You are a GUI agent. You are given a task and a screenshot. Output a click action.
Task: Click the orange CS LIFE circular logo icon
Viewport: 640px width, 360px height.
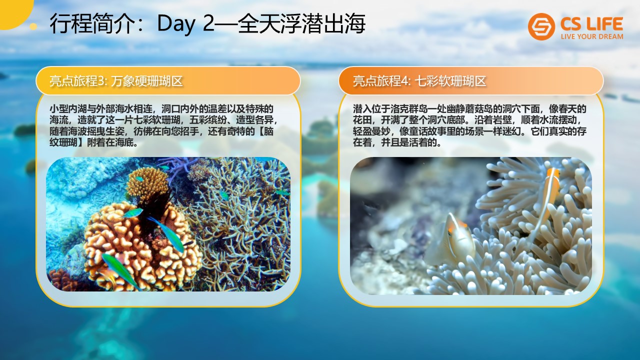pyautogui.click(x=541, y=26)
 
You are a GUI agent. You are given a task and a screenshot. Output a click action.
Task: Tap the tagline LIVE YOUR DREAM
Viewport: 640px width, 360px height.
pyautogui.click(x=592, y=36)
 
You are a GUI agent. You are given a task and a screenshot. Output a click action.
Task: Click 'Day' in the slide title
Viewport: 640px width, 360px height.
pyautogui.click(x=176, y=24)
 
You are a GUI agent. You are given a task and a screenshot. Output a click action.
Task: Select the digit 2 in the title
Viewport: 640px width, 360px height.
pyautogui.click(x=208, y=23)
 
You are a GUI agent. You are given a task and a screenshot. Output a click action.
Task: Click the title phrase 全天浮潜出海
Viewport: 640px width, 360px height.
pyautogui.click(x=301, y=23)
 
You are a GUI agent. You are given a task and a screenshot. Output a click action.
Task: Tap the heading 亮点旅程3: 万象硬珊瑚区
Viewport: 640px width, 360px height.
pyautogui.click(x=116, y=81)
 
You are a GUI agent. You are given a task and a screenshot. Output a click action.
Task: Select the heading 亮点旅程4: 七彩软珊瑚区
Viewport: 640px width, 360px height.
pyautogui.click(x=419, y=81)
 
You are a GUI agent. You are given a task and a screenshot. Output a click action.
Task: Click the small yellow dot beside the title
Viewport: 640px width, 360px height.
pyautogui.click(x=33, y=26)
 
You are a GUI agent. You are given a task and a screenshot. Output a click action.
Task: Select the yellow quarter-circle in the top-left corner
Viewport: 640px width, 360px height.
pyautogui.click(x=13, y=11)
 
